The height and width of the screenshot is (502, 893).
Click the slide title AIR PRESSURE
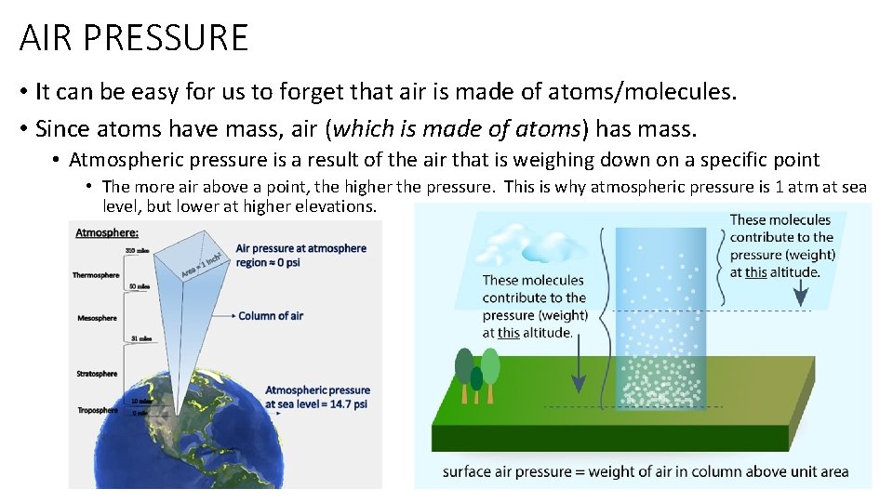click(x=134, y=38)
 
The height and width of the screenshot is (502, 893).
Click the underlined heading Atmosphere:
click(x=107, y=232)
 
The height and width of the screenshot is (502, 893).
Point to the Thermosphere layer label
click(x=96, y=275)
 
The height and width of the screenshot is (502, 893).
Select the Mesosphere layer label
click(x=97, y=318)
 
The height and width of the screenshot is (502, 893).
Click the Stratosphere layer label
click(x=97, y=374)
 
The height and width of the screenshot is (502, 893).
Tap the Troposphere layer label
click(x=97, y=410)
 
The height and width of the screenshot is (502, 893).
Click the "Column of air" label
click(x=271, y=316)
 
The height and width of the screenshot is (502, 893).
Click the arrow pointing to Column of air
click(x=221, y=316)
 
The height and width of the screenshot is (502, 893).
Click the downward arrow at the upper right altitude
click(x=799, y=292)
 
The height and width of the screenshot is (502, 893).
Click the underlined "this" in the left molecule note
click(x=508, y=333)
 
